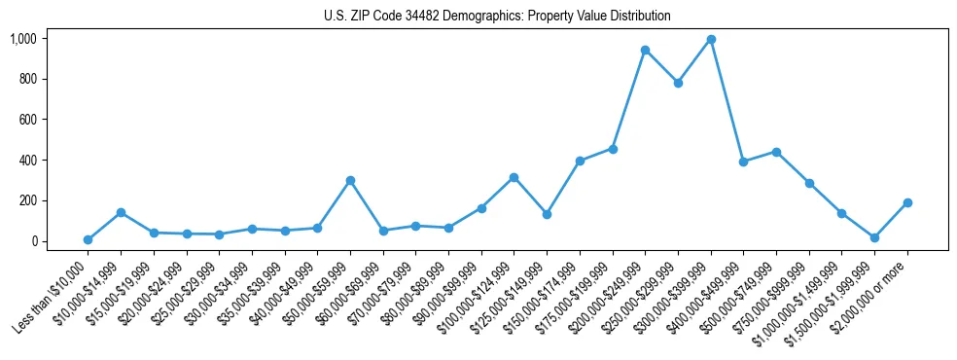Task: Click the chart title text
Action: [x=497, y=17]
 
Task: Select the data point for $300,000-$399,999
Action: [x=711, y=40]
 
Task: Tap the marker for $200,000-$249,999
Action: [x=645, y=50]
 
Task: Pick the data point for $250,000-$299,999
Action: [x=678, y=84]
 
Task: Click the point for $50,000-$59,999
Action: [x=350, y=181]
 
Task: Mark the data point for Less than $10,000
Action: [x=88, y=239]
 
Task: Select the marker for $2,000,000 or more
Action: [x=907, y=202]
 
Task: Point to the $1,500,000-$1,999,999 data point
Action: [x=874, y=237]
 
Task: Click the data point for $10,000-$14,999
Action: [x=121, y=212]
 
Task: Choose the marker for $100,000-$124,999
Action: [x=514, y=177]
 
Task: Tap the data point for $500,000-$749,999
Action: [x=776, y=152]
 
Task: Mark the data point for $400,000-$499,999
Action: [x=743, y=162]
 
